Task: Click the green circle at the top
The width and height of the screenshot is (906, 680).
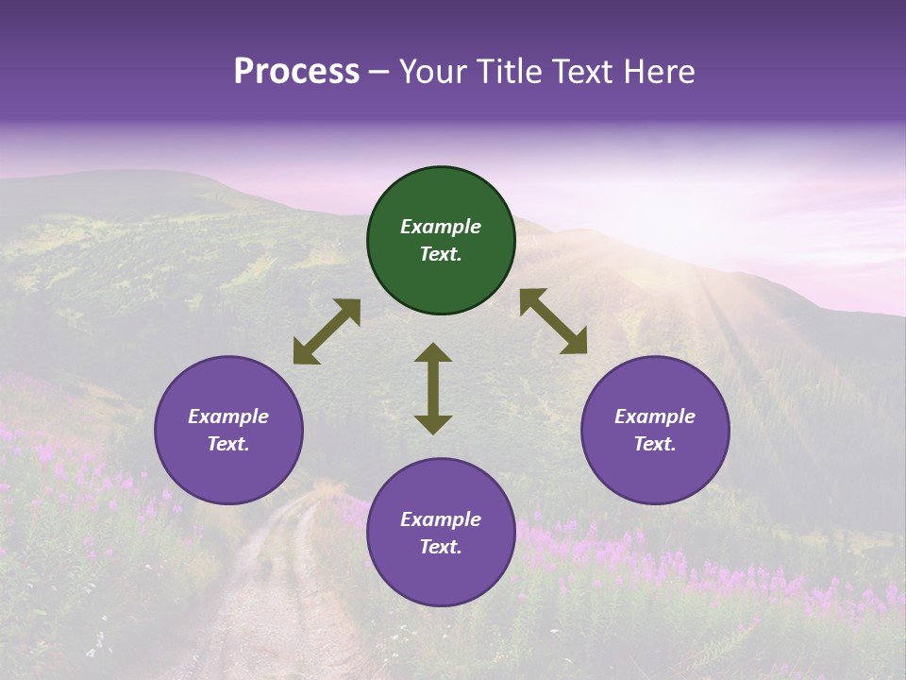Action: coord(441,241)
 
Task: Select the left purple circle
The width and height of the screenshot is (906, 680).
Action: coord(228,431)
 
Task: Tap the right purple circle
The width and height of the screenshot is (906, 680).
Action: coord(655,431)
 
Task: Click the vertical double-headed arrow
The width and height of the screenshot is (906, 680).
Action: coord(433,388)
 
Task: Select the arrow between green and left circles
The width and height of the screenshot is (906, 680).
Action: coord(327,331)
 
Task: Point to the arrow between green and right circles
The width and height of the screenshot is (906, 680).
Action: coord(553,321)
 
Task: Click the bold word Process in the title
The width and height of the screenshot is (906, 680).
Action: coord(296,72)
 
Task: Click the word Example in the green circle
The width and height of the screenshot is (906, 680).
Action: coord(441,227)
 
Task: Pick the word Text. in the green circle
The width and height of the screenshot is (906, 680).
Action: coord(441,254)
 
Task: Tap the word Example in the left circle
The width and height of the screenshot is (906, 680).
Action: coord(228,416)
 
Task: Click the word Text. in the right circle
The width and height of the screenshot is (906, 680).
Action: coord(655,444)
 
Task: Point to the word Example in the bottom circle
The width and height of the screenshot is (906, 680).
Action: coord(441,519)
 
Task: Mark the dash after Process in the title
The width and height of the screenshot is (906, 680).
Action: coord(379,73)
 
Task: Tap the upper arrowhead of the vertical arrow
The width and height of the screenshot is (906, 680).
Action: coord(433,352)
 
